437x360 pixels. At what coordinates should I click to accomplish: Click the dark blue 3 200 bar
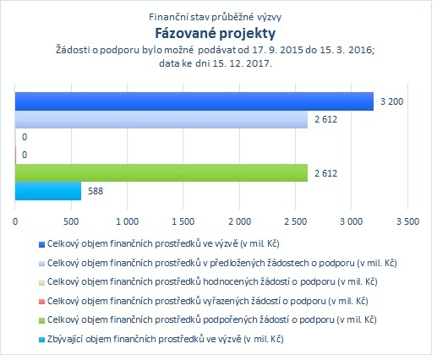click(194, 101)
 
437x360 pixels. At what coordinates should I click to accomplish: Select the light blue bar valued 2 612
click(161, 119)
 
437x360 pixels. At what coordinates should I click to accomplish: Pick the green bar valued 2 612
click(161, 172)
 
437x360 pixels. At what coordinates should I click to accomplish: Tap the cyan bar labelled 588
click(48, 191)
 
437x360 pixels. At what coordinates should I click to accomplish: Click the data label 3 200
click(391, 101)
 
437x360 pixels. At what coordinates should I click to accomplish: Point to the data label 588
click(96, 191)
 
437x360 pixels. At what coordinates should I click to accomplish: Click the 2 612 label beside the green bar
click(325, 173)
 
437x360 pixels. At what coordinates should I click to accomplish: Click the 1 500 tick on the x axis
click(183, 221)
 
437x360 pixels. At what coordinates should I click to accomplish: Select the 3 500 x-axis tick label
click(407, 221)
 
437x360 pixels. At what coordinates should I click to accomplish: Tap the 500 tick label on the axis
click(71, 221)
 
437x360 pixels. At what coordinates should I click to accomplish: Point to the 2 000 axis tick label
click(239, 221)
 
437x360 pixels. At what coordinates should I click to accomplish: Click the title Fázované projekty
click(216, 34)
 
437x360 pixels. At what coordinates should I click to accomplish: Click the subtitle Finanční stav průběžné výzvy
click(215, 17)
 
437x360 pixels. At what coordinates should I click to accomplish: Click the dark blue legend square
click(41, 244)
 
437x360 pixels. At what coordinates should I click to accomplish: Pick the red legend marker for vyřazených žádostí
click(41, 302)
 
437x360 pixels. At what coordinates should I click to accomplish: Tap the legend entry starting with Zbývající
click(165, 339)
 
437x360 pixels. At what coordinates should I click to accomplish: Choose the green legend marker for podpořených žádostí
click(41, 320)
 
